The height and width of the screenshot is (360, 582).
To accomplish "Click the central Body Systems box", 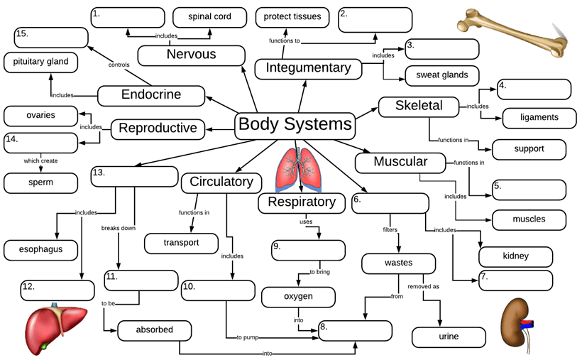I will (295, 125).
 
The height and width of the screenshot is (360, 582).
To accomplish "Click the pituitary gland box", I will (40, 62).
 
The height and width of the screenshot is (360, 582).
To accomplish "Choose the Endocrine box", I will (150, 94).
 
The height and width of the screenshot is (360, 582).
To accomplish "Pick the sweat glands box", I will (441, 75).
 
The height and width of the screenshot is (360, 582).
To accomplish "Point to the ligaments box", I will (539, 117).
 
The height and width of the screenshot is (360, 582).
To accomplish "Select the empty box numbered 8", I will (355, 331).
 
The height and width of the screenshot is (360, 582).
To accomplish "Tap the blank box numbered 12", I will (57, 290).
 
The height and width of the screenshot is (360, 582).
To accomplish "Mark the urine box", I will (449, 337).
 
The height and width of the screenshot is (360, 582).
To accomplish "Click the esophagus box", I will (42, 249).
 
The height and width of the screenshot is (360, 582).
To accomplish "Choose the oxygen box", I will (298, 297).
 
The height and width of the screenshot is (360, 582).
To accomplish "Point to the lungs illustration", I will (297, 170).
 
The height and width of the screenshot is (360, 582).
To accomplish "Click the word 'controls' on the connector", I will (119, 65).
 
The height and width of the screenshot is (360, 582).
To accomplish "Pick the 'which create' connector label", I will (40, 160).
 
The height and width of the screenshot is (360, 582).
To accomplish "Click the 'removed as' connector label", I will (423, 287).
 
